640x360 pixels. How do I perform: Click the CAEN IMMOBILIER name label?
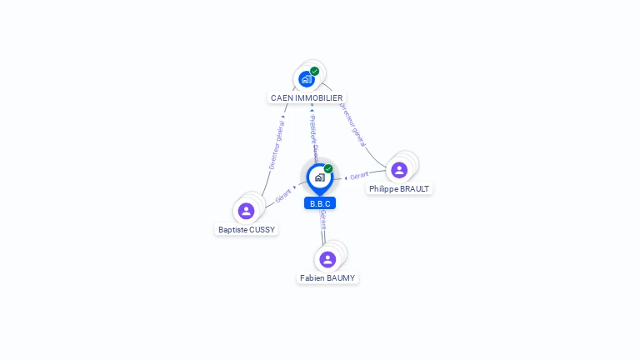coord(307,97)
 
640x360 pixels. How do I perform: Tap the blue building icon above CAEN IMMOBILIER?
coord(306,79)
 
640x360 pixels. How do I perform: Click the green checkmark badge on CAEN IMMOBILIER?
coord(314,71)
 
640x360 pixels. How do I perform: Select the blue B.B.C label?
coord(320,203)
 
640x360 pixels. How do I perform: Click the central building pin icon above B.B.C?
coord(319,177)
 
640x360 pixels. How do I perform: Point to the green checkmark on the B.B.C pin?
coord(328,168)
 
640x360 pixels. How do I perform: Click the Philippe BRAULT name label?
coord(399,189)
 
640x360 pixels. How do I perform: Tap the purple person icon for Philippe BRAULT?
coord(399,170)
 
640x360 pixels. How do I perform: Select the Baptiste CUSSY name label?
coord(247,229)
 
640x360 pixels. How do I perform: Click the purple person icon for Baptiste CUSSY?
coord(246,211)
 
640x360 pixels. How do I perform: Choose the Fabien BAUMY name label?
coord(327,277)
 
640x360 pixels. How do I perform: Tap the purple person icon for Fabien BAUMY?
coord(327,259)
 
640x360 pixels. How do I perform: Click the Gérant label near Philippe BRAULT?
coord(359,176)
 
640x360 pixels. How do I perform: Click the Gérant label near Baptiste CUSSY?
coord(283,196)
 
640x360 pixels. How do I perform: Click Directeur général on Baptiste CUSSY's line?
coord(277,144)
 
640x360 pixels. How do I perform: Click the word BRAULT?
coord(415,189)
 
